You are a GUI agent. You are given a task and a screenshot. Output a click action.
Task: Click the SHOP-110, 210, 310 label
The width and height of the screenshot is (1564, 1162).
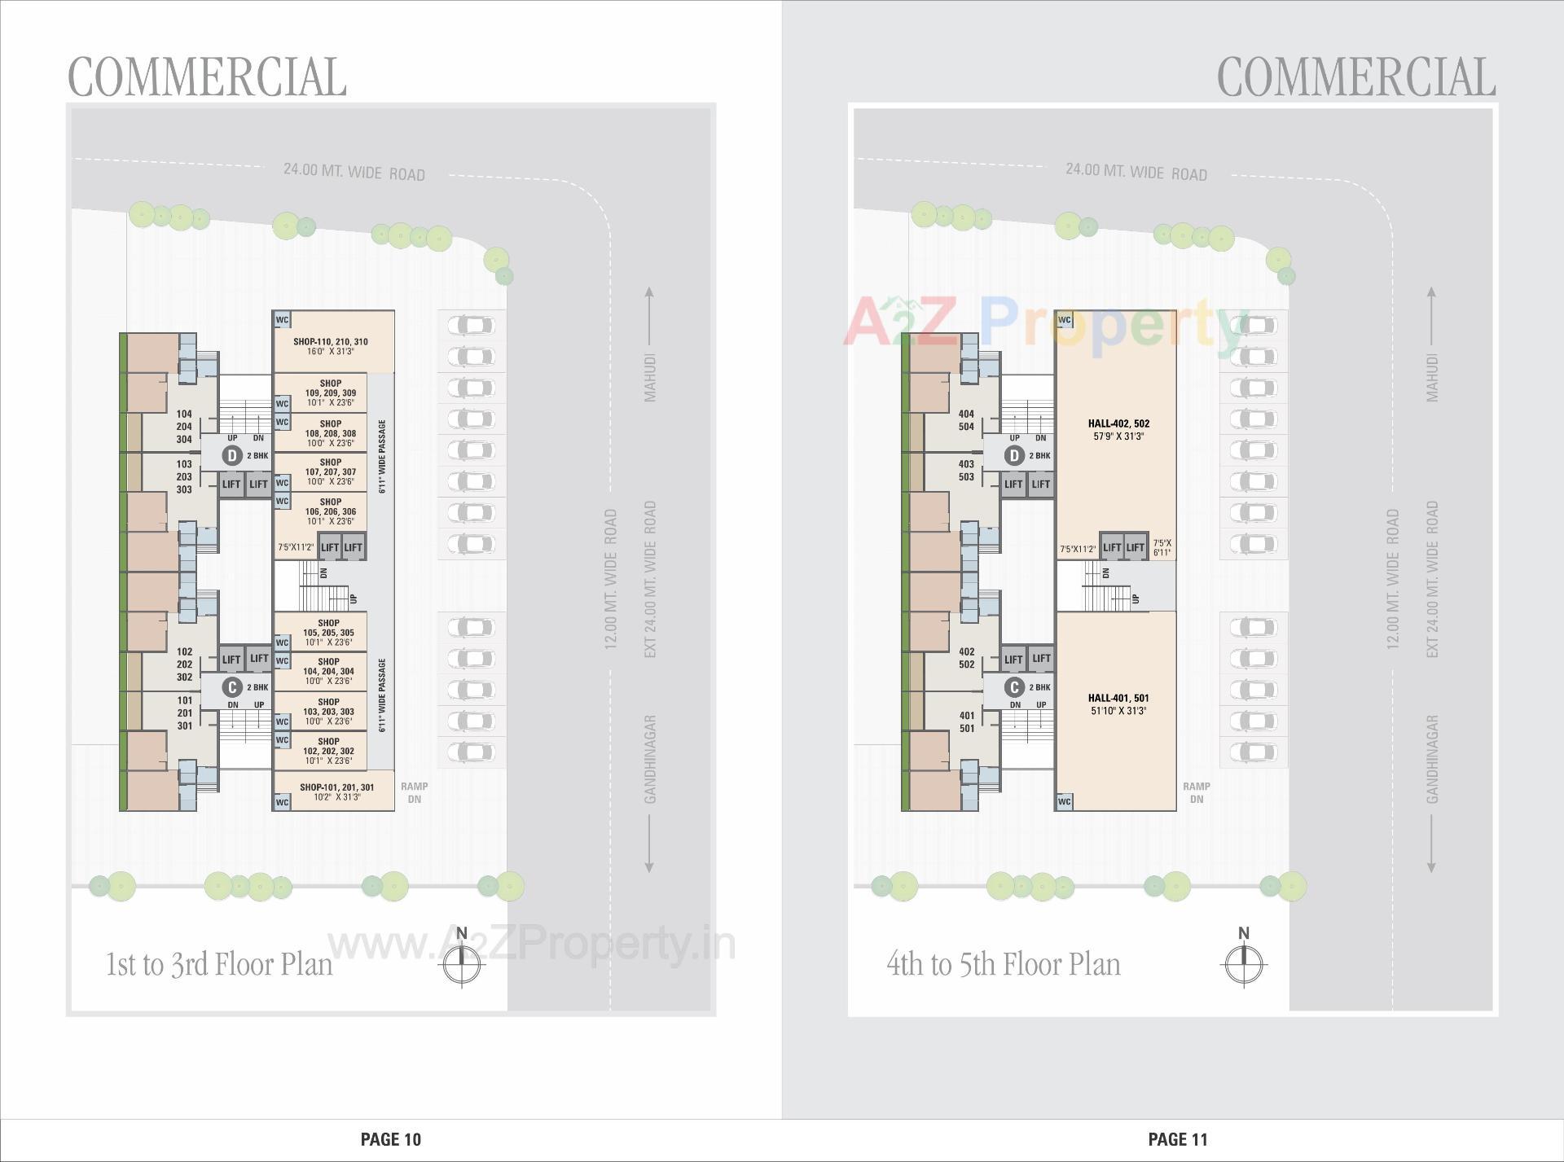tap(331, 342)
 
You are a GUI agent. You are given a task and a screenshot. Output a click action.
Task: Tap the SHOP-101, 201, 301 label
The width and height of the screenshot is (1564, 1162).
tap(336, 787)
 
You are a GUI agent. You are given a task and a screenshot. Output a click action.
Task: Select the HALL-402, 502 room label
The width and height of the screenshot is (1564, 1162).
tap(1118, 423)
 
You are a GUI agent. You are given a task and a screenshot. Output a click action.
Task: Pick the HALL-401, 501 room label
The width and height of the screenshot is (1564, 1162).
tap(1118, 698)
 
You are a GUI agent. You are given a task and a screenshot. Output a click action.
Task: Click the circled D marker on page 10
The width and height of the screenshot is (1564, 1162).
tap(233, 456)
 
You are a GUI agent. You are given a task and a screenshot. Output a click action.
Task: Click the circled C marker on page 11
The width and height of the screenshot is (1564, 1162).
tap(1014, 687)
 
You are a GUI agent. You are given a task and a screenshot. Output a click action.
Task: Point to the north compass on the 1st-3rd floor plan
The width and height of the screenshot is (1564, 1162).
tap(462, 962)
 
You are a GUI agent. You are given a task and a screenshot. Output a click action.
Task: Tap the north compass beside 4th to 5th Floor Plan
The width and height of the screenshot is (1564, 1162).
tap(1244, 962)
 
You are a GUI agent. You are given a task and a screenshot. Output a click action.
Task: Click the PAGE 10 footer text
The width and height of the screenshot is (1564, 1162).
tap(391, 1139)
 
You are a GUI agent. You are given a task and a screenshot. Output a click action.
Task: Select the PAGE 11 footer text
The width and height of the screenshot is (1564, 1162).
tap(1178, 1139)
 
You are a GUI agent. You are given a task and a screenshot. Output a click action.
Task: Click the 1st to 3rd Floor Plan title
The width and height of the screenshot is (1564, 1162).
tap(219, 965)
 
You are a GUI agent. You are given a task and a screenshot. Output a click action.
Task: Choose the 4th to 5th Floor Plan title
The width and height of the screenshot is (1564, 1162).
tap(1003, 965)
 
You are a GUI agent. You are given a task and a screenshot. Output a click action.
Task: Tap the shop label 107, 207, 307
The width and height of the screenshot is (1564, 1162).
tap(331, 472)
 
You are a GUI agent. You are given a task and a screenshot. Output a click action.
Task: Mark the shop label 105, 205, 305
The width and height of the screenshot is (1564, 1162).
tap(329, 633)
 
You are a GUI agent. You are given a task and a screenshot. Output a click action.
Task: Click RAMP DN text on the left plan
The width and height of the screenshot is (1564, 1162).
tap(414, 793)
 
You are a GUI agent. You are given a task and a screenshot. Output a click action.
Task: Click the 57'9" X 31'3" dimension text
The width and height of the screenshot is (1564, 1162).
tap(1118, 436)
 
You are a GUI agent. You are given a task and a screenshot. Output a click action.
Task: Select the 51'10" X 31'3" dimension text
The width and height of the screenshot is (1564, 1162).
tap(1118, 711)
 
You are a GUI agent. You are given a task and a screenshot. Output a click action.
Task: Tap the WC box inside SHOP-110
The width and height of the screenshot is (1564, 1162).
tap(282, 320)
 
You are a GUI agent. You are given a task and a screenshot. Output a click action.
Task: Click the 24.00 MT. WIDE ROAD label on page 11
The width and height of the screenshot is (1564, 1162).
tap(1136, 172)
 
